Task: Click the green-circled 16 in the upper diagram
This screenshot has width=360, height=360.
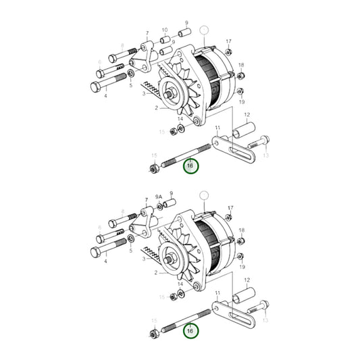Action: coord(190,165)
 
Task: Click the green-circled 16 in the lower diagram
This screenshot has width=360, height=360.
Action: coord(190,331)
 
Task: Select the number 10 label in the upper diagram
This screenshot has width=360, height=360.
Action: coord(164,30)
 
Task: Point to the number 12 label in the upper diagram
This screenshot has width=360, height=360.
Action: coord(247,115)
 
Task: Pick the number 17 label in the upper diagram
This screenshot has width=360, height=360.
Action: coord(228,42)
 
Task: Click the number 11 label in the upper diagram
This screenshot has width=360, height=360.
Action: coord(217,127)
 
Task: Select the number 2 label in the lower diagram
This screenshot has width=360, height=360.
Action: coord(155,273)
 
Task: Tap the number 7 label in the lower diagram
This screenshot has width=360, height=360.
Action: coord(147,200)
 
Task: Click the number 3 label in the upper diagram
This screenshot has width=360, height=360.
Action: coord(143,94)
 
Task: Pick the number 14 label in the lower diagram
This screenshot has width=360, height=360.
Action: coord(180,284)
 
